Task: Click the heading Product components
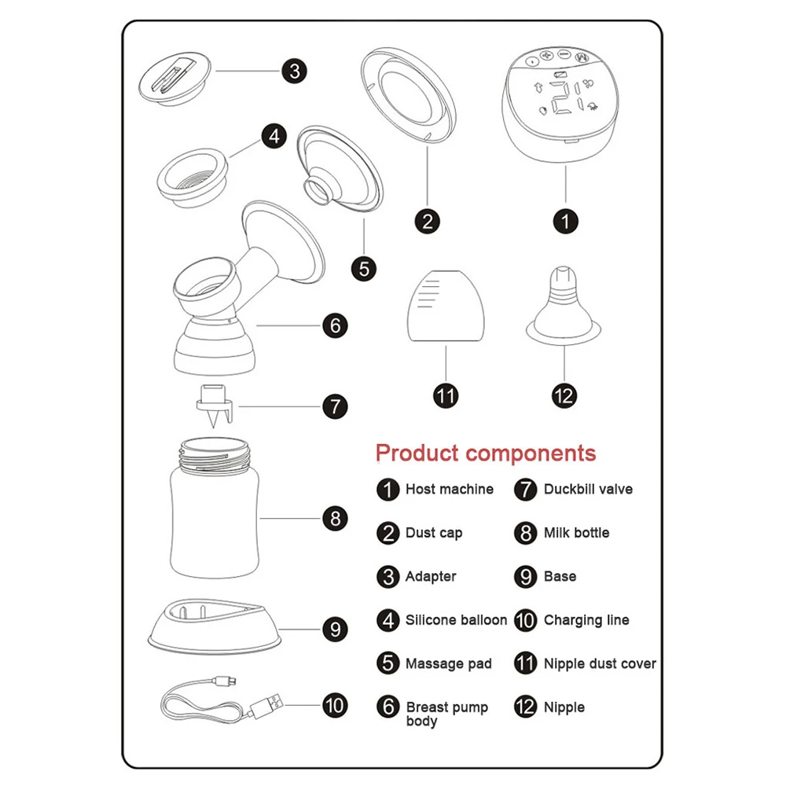485,454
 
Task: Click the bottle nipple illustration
564,307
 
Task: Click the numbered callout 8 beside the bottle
335,519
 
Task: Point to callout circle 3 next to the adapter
294,72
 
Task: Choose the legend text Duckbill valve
587,489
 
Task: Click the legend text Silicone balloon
456,620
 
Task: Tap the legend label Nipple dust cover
599,664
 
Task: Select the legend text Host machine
449,489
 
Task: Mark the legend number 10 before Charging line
525,620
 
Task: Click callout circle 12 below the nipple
564,395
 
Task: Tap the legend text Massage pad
448,664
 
